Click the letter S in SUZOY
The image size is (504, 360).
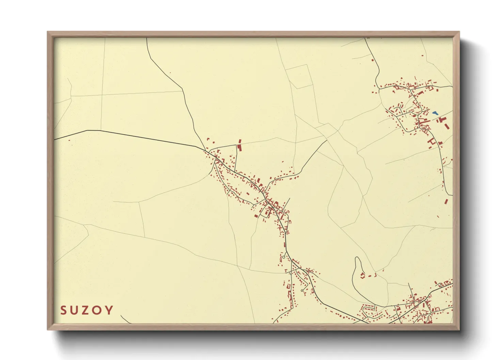click(64, 310)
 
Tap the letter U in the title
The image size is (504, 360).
click(75, 310)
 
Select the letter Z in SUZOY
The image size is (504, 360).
click(86, 310)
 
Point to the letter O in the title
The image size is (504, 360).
click(98, 310)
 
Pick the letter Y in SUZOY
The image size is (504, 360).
click(109, 310)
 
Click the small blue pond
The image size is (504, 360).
click(435, 113)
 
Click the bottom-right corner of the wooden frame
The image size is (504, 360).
click(459, 329)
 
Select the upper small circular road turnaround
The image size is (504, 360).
click(284, 257)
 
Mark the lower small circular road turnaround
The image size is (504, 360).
click(302, 290)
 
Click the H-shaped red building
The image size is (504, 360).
click(432, 141)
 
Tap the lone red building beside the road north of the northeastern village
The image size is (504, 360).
click(372, 60)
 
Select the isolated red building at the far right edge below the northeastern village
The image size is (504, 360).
click(446, 201)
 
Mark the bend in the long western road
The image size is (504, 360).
click(88, 130)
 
